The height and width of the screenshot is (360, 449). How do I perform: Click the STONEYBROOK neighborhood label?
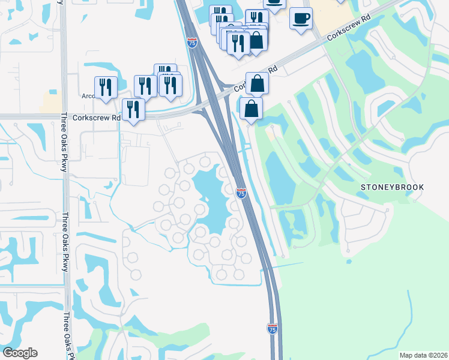(392, 187)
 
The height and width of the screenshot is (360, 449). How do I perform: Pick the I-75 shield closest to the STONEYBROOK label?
(241, 193)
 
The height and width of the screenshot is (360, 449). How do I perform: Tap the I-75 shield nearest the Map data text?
(272, 328)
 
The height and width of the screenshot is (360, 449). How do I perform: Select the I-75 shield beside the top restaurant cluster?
(191, 43)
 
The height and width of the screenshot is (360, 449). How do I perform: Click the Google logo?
(20, 353)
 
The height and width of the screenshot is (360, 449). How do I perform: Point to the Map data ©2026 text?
(423, 355)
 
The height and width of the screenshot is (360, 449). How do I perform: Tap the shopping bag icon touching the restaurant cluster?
(256, 40)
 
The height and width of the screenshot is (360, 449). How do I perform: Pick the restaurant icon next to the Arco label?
(106, 87)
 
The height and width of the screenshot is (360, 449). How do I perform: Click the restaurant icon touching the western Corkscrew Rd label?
(133, 109)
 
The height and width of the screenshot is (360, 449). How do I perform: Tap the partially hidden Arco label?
(88, 95)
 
